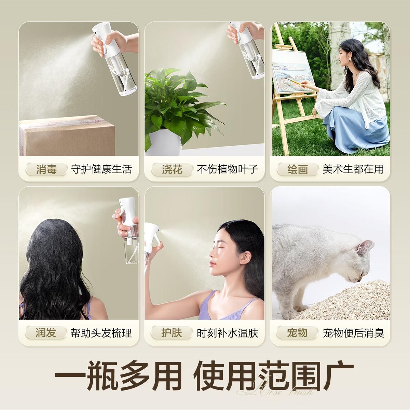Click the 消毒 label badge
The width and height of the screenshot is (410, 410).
[46, 169]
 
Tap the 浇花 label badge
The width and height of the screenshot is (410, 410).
[172, 169]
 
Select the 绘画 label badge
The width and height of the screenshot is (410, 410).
[298, 169]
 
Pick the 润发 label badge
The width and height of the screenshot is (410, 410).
[46, 332]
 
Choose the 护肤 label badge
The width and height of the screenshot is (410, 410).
[172, 332]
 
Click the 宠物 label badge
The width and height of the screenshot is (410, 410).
[297, 332]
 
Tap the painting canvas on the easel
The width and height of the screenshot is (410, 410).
[292, 72]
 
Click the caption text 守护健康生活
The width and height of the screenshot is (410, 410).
[101, 169]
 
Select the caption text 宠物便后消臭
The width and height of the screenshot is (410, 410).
[353, 333]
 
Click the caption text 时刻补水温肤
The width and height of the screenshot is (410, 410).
[227, 333]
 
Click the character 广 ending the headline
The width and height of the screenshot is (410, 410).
[338, 376]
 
